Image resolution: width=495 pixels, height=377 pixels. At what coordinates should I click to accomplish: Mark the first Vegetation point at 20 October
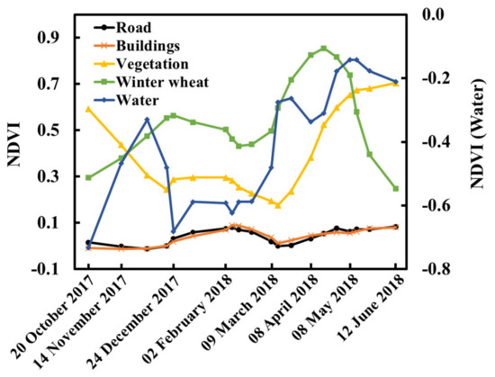point(88,109)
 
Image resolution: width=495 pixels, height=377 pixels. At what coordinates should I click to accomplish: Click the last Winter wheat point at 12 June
point(396,189)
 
